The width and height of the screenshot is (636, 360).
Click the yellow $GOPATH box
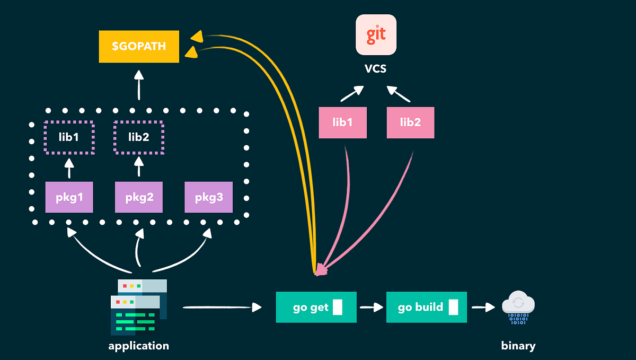click(x=139, y=47)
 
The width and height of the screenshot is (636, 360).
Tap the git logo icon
click(x=376, y=34)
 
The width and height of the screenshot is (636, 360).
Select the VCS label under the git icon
click(x=376, y=69)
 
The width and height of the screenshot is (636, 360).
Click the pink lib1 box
click(x=342, y=122)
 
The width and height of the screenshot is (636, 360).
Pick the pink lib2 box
click(x=410, y=122)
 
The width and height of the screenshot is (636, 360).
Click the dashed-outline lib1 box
click(x=69, y=137)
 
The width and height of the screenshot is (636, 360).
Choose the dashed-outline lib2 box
click(x=139, y=137)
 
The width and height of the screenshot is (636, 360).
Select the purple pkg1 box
click(x=69, y=197)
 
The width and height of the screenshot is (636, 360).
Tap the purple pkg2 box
click(x=139, y=197)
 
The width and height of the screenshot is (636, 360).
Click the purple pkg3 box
click(x=208, y=197)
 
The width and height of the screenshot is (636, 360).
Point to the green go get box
click(x=316, y=307)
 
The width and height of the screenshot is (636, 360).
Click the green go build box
click(x=427, y=307)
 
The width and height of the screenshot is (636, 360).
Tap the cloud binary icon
click(x=518, y=307)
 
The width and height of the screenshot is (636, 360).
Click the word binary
click(x=518, y=346)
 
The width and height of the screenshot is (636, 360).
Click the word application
click(x=138, y=346)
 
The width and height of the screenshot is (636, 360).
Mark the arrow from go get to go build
click(x=372, y=307)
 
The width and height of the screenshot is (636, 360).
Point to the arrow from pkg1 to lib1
click(x=69, y=169)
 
